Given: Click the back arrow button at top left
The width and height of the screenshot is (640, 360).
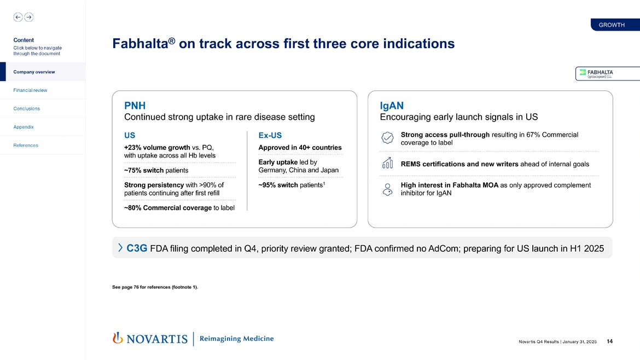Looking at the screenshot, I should coord(18,17).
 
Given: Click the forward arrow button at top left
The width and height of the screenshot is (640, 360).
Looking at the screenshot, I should coord(29,17).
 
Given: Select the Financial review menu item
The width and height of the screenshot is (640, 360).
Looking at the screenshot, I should coord(30,90).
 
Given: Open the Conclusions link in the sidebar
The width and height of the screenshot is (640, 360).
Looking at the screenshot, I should coord(26,108).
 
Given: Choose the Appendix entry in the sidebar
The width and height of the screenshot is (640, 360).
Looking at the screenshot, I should coord(24,127).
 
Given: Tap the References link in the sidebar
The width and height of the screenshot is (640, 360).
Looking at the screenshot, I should coord(26,146).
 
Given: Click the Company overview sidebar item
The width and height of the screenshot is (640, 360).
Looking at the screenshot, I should coord(34,72).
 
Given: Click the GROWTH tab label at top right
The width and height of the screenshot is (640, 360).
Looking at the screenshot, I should coord(612,25).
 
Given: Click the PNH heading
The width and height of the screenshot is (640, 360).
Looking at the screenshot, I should coord(135,105).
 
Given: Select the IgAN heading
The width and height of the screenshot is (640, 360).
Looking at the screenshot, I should coord(392,105).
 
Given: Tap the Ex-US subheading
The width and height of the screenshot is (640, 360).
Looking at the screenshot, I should coord(270,135).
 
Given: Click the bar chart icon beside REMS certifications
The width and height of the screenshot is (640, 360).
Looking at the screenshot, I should coord(387,163).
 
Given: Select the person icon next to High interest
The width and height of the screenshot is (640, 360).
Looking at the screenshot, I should coord(387,189).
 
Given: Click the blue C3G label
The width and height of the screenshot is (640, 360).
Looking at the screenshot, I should coord(137,248).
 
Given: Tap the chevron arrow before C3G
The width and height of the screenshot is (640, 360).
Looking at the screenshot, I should coord(120,248).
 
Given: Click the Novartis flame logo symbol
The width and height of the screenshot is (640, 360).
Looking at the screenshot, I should coord(117,339).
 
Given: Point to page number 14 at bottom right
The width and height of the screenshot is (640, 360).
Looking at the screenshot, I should coord(609,342).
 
